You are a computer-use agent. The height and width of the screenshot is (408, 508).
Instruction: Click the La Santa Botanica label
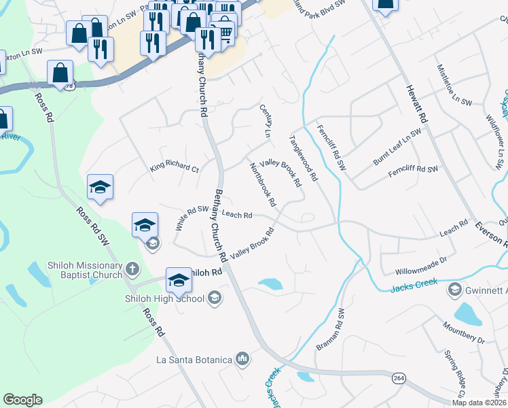coord(194,359)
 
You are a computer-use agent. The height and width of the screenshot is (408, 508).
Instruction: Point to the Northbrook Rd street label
coord(262,184)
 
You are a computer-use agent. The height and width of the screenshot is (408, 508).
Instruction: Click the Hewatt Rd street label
coord(416,103)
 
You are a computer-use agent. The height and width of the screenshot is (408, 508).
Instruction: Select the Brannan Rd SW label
coord(331,330)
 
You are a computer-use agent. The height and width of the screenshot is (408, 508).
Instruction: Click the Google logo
coord(22,400)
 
